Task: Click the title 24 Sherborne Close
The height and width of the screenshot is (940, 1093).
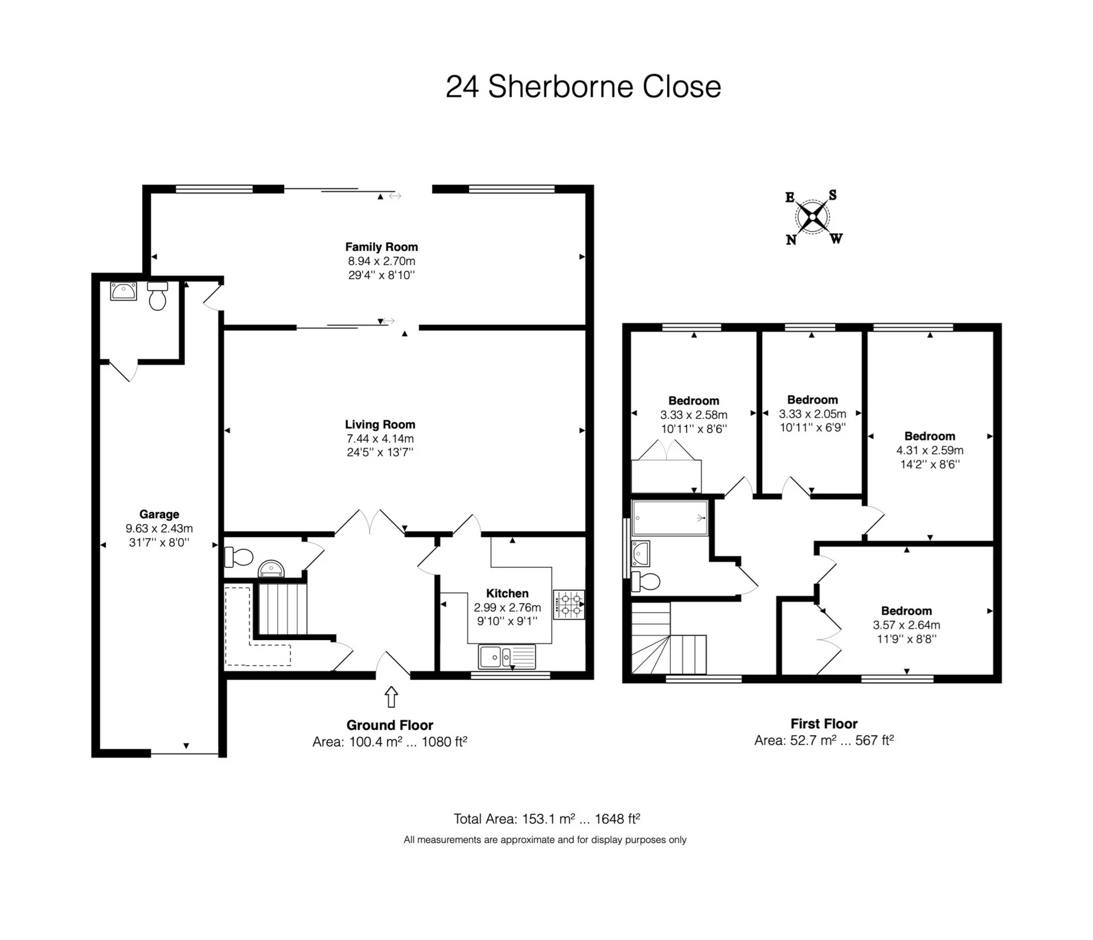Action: [x=583, y=87]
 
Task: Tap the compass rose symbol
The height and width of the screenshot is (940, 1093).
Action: [x=812, y=217]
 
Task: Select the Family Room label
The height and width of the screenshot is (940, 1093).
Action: [x=381, y=247]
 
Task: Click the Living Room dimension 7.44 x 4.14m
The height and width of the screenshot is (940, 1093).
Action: [x=380, y=439]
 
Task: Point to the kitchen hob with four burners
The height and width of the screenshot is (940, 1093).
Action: [x=568, y=605]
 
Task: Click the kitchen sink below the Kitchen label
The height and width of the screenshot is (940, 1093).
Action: [x=507, y=657]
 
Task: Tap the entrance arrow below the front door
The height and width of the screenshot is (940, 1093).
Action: [x=391, y=696]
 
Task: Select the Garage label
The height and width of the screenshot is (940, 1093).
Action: [x=159, y=514]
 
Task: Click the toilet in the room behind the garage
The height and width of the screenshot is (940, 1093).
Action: [x=158, y=295]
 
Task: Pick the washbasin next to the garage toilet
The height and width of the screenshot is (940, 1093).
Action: [x=123, y=291]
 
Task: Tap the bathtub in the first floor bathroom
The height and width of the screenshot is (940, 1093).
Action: [x=669, y=518]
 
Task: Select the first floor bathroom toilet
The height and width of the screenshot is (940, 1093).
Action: [x=646, y=582]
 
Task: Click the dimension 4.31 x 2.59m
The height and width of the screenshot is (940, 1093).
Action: [x=930, y=450]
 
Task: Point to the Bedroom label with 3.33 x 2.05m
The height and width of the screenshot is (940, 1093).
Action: [x=812, y=399]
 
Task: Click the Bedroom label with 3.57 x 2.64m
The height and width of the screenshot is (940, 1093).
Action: [x=906, y=611]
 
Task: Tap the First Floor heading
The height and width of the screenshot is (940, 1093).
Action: [x=824, y=724]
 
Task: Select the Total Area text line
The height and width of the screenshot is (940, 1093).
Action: [x=546, y=819]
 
